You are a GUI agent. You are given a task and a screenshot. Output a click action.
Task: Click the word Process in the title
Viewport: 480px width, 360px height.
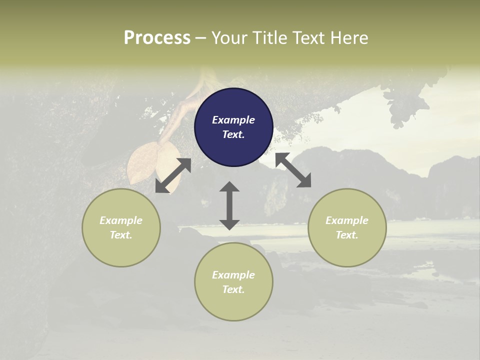157,38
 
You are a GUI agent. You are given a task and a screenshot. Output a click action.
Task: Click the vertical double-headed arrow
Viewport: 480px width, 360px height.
229,205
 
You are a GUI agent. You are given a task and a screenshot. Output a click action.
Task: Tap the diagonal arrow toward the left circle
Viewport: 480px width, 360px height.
173,175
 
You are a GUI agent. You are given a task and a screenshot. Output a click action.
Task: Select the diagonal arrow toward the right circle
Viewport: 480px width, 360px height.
293,170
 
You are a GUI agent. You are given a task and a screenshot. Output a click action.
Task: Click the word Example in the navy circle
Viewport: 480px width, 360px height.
233,120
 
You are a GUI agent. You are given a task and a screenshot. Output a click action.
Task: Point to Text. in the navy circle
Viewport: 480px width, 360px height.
233,134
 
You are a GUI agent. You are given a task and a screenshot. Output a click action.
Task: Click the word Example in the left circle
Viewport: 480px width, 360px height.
121,220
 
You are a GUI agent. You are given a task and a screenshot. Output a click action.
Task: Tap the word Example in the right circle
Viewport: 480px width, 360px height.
347,220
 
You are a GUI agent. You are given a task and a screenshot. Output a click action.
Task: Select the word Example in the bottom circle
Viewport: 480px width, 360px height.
233,275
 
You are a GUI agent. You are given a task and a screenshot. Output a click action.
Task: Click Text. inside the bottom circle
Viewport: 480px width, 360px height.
233,289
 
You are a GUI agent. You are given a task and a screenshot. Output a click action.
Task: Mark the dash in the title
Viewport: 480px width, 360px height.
201,38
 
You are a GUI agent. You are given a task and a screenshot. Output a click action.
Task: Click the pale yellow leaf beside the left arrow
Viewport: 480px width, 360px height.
141,163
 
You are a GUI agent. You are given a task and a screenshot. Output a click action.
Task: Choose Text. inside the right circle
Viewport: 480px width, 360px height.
347,235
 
